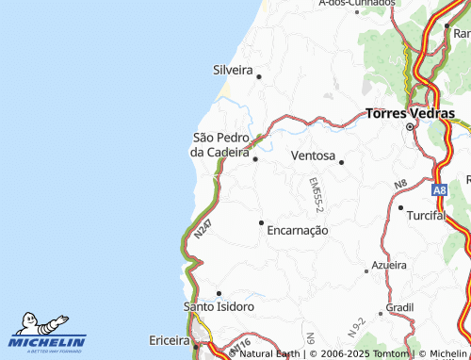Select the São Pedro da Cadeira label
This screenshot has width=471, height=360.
(x=220, y=144)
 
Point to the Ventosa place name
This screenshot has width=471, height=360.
(x=313, y=155)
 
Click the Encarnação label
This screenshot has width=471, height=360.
(x=297, y=230)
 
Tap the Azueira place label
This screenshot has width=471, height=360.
(x=391, y=266)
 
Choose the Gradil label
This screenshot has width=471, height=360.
(x=399, y=307)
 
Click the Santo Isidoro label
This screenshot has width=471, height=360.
(x=219, y=307)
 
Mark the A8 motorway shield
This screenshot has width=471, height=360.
(x=440, y=189)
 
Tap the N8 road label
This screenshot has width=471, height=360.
(x=400, y=183)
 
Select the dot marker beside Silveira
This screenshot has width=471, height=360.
(x=258, y=75)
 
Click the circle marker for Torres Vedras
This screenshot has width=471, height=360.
(x=410, y=126)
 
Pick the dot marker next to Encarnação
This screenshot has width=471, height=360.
(x=261, y=222)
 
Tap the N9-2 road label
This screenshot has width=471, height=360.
(x=356, y=328)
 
